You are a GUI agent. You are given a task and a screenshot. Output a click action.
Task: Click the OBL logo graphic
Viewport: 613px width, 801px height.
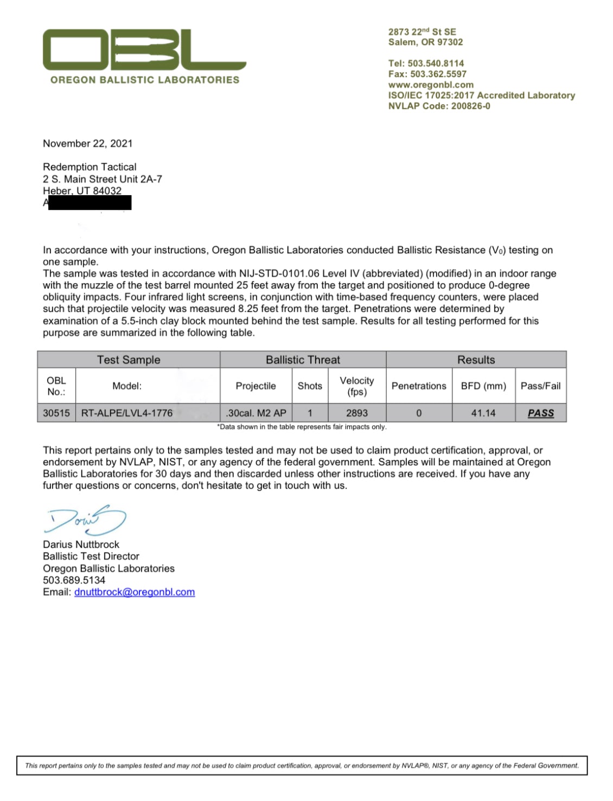[144, 50]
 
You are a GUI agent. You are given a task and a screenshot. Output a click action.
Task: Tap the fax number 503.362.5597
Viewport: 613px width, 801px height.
[427, 74]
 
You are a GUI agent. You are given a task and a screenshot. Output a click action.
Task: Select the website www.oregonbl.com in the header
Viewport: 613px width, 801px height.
[431, 85]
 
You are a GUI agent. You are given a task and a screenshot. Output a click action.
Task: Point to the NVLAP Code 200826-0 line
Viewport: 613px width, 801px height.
[439, 106]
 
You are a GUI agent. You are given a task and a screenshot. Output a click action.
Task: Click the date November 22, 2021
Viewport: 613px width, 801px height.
[87, 143]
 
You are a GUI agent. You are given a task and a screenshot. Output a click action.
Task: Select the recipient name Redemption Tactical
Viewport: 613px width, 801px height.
[90, 167]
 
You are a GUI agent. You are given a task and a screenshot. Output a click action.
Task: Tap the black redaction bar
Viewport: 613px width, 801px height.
[90, 203]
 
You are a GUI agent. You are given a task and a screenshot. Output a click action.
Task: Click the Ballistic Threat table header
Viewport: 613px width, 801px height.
[303, 360]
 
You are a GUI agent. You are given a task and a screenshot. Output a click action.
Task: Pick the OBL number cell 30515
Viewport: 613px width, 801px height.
[56, 413]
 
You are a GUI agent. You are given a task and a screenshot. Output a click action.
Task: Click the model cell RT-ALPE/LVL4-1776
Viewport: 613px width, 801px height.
[127, 413]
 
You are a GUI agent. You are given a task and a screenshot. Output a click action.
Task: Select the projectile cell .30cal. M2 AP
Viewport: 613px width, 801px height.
[256, 413]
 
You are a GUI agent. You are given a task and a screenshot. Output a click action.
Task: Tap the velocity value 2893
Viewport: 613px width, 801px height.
[357, 413]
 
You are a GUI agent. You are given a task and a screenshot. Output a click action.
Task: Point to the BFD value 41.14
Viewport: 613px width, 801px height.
[483, 413]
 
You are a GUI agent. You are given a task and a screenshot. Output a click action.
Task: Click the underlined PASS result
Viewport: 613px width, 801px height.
[541, 413]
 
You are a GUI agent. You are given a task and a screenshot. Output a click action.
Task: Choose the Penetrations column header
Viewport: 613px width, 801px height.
[419, 386]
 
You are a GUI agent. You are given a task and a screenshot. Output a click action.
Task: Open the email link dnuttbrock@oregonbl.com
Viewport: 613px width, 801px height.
[135, 592]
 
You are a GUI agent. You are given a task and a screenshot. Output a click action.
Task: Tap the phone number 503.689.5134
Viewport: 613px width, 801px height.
[74, 580]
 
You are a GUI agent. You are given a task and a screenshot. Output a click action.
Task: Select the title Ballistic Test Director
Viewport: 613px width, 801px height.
[91, 556]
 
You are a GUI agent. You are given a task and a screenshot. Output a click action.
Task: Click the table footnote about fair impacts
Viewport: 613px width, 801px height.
[302, 427]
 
